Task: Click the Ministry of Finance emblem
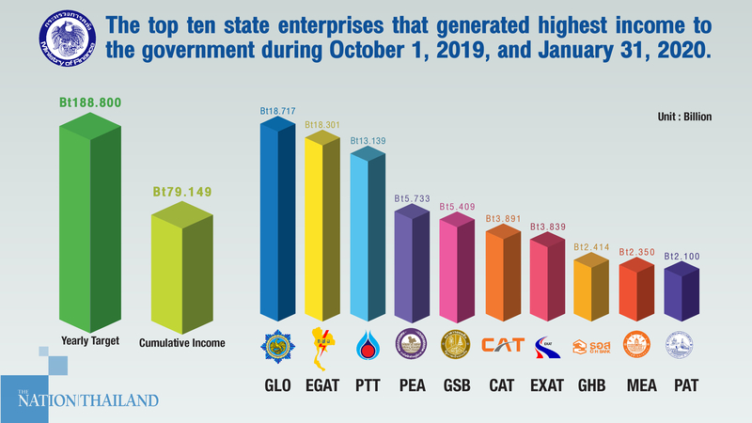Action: pos(67,43)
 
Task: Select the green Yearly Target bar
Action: pos(91,226)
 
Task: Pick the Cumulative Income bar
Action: pos(182,273)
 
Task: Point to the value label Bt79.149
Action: pos(184,192)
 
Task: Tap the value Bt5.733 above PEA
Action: pos(411,201)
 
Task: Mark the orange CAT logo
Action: pos(500,345)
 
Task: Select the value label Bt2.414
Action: pos(591,247)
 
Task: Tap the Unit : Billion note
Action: pos(677,118)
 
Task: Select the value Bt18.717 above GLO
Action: pos(279,110)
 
